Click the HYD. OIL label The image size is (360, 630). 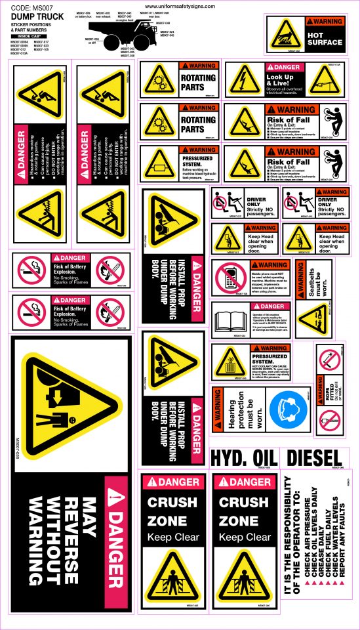tap(242, 457)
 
